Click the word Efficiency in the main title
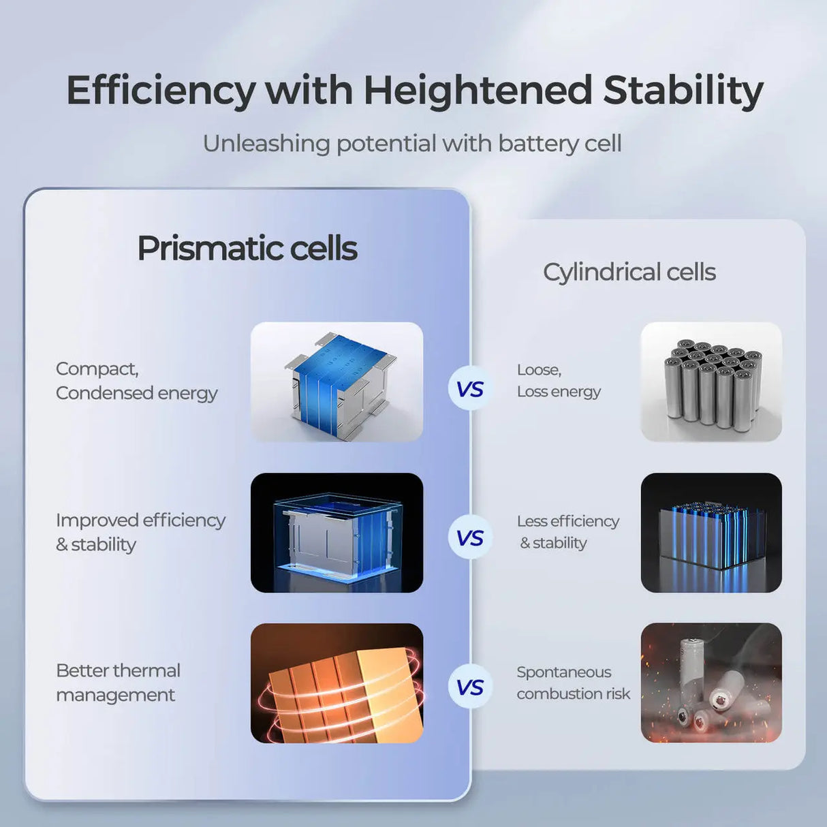point(161,91)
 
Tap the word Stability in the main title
point(683,91)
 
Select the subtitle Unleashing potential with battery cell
point(412,144)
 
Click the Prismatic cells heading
point(247,249)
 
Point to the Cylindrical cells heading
point(629,272)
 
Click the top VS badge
point(470,390)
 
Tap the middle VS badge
point(470,538)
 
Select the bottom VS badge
point(470,687)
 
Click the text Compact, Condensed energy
point(136,381)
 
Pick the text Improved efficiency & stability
point(140,532)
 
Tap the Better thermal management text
point(118,683)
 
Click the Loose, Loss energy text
point(559,381)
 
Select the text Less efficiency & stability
point(567,532)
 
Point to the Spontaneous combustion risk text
point(573,683)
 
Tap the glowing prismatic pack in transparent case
point(337,535)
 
